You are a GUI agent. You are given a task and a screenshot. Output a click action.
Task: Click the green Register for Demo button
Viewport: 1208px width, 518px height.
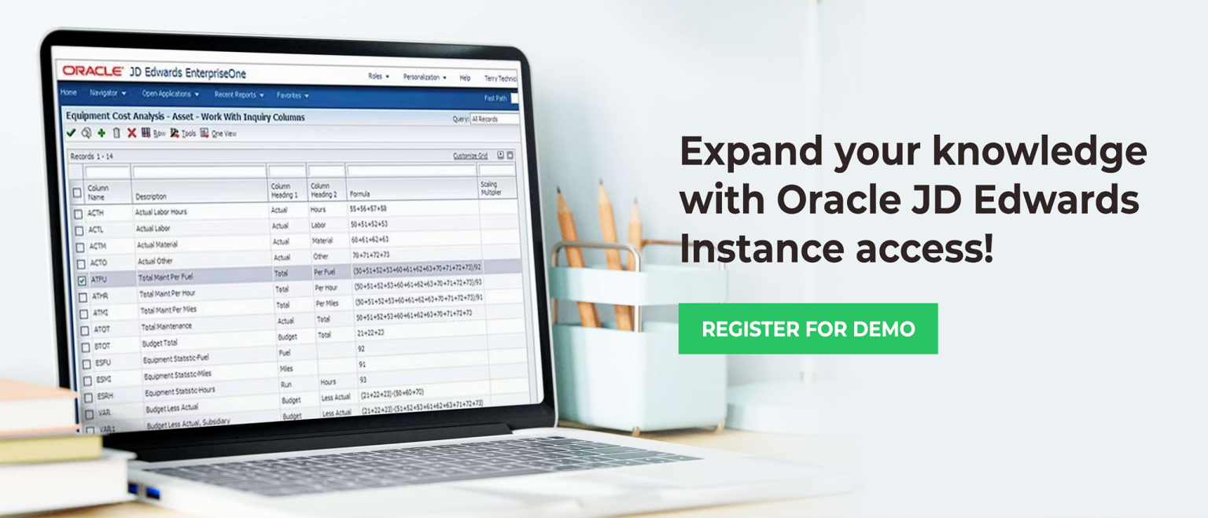pos(808,329)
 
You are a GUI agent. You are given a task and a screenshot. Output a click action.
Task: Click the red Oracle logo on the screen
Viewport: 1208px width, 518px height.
pos(93,71)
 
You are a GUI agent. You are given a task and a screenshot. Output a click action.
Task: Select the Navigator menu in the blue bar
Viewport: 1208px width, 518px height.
pos(107,93)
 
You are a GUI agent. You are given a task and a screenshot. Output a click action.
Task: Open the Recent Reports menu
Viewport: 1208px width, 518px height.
pos(238,94)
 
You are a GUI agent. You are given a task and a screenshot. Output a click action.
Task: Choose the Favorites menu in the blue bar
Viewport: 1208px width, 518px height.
pos(292,95)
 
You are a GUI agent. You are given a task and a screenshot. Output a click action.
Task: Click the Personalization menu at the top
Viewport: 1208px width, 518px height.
pos(424,77)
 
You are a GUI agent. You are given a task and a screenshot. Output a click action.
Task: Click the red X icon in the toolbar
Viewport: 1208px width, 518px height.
pos(131,133)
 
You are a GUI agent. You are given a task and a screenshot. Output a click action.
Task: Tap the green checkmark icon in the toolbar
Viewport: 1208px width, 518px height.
pos(71,133)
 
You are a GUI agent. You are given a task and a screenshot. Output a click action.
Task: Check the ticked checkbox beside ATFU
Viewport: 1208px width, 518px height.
pos(82,280)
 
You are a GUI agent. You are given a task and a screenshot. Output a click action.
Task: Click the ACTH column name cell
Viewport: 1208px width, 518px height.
pos(96,213)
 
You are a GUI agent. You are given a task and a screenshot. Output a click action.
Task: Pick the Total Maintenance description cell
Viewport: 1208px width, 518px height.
pos(167,326)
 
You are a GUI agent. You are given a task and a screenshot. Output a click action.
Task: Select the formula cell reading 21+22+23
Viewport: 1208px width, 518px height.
pos(372,332)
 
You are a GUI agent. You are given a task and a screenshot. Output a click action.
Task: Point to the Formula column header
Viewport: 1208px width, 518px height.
pos(360,193)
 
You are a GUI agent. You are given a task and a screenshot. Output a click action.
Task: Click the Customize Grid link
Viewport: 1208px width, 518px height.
pos(470,156)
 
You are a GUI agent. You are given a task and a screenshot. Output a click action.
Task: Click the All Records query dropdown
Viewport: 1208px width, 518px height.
pos(494,119)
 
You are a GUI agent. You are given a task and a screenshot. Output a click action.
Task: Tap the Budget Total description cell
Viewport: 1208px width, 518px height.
pos(160,343)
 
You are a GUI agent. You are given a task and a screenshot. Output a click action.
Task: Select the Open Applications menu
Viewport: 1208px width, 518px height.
pos(170,94)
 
